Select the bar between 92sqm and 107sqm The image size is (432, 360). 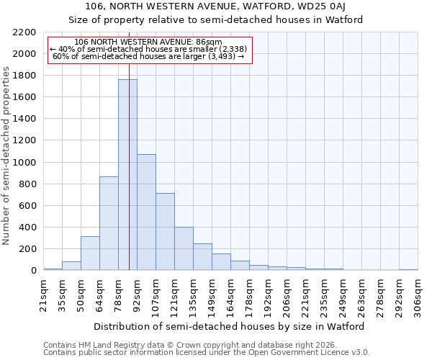(x=146, y=212)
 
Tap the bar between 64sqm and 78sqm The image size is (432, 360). (x=109, y=223)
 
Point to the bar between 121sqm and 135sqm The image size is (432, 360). (x=184, y=249)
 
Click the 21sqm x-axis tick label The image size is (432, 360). (x=43, y=293)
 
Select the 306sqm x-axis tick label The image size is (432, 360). (x=418, y=295)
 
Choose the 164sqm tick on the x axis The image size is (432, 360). (x=230, y=295)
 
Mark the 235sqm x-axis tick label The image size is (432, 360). (x=324, y=295)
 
